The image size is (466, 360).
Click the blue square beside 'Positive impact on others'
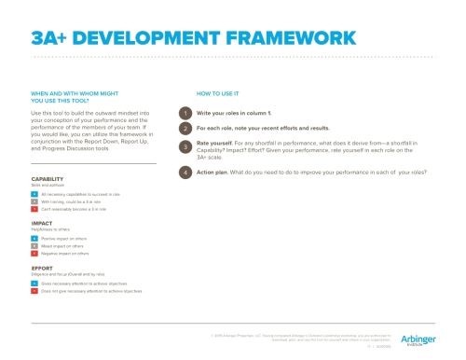[34, 239]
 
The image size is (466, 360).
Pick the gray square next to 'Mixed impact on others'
[34, 246]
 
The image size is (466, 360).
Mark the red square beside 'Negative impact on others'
[34, 254]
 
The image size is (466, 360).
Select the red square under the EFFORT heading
[34, 291]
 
